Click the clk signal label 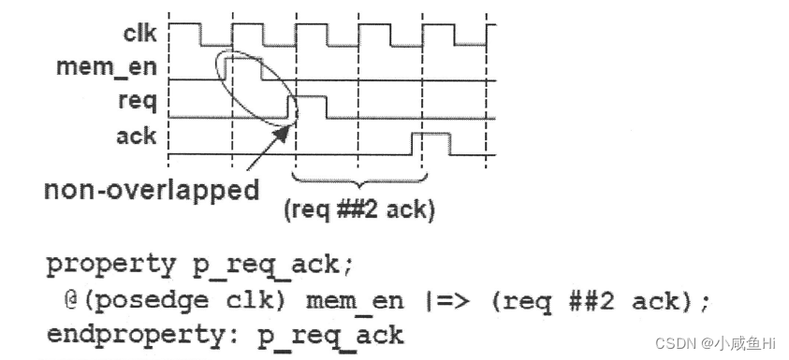point(139,35)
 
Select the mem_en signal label point(106,67)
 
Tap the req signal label point(137,100)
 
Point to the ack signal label point(137,136)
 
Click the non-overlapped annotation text point(152,191)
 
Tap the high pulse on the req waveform point(311,106)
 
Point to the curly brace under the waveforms point(358,180)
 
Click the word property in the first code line point(110,265)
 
